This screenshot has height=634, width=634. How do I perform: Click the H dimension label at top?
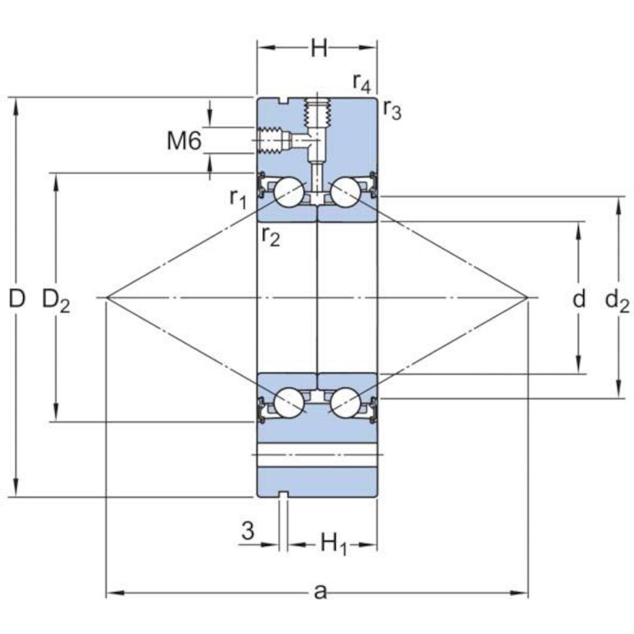click(x=319, y=48)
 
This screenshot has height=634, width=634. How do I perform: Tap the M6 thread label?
click(x=184, y=141)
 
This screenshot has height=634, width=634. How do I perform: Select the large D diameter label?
click(x=17, y=299)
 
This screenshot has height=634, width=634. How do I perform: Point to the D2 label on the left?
click(x=56, y=300)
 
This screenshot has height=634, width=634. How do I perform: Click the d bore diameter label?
click(x=579, y=299)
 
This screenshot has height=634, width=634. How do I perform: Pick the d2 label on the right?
click(x=617, y=300)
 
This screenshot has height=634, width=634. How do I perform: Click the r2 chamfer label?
click(x=270, y=236)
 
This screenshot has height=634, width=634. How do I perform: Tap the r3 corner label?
click(x=392, y=109)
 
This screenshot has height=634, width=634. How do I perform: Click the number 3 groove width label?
click(x=248, y=530)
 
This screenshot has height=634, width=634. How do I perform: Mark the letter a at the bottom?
click(x=320, y=592)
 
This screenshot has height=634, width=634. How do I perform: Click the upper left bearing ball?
click(x=290, y=192)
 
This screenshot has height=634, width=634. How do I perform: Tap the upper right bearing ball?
click(x=345, y=192)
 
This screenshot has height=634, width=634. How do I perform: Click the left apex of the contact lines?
click(x=106, y=297)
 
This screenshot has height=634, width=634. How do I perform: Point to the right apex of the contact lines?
click(x=528, y=297)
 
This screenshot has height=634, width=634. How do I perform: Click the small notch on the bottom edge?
click(x=284, y=494)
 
